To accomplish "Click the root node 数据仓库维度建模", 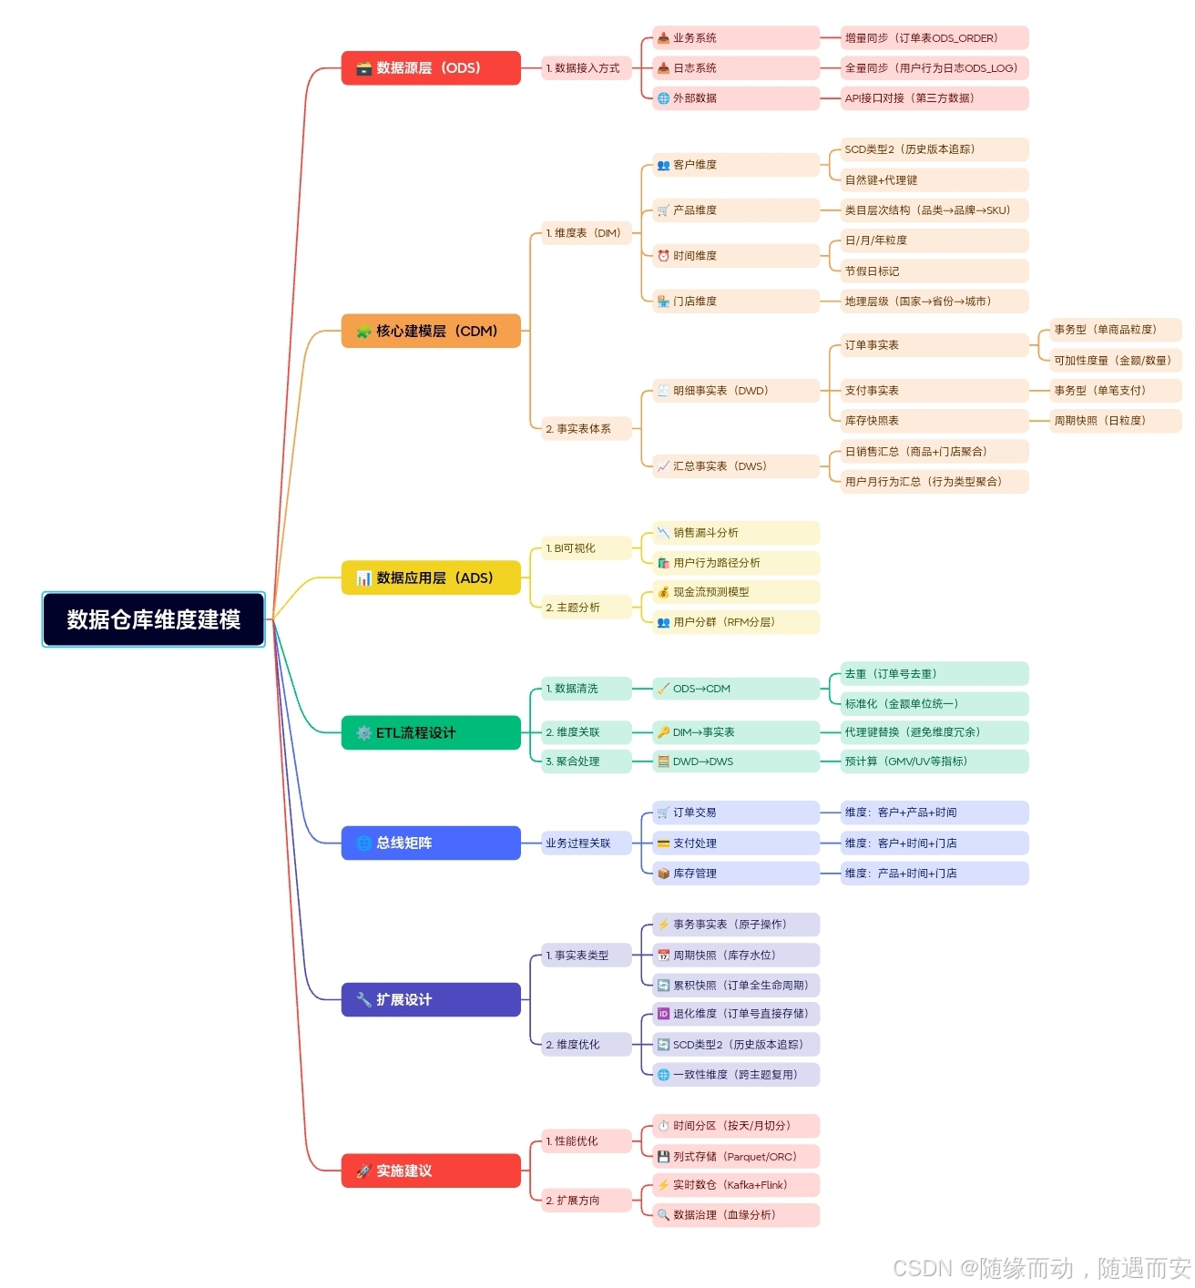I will [x=153, y=619].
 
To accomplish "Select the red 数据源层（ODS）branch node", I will [x=430, y=68].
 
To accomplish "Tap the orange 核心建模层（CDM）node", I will [x=430, y=331].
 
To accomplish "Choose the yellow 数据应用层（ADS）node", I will [x=430, y=578].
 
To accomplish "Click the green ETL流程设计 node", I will [x=430, y=732].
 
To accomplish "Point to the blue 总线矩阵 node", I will [x=430, y=843].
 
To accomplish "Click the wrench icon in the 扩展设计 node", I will [x=363, y=999].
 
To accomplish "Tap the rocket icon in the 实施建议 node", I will [x=363, y=1170].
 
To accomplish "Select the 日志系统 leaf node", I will [x=735, y=68].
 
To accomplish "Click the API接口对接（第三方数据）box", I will [x=934, y=98].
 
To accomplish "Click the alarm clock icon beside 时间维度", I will [x=663, y=256].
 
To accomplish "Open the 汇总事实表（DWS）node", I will [x=735, y=466].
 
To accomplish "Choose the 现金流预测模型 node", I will [x=735, y=592].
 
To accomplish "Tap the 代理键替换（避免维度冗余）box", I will [x=934, y=732].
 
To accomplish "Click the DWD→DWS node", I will [x=735, y=762].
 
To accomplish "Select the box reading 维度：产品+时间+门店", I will [x=934, y=874].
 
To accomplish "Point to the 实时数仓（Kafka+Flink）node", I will [x=735, y=1185].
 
